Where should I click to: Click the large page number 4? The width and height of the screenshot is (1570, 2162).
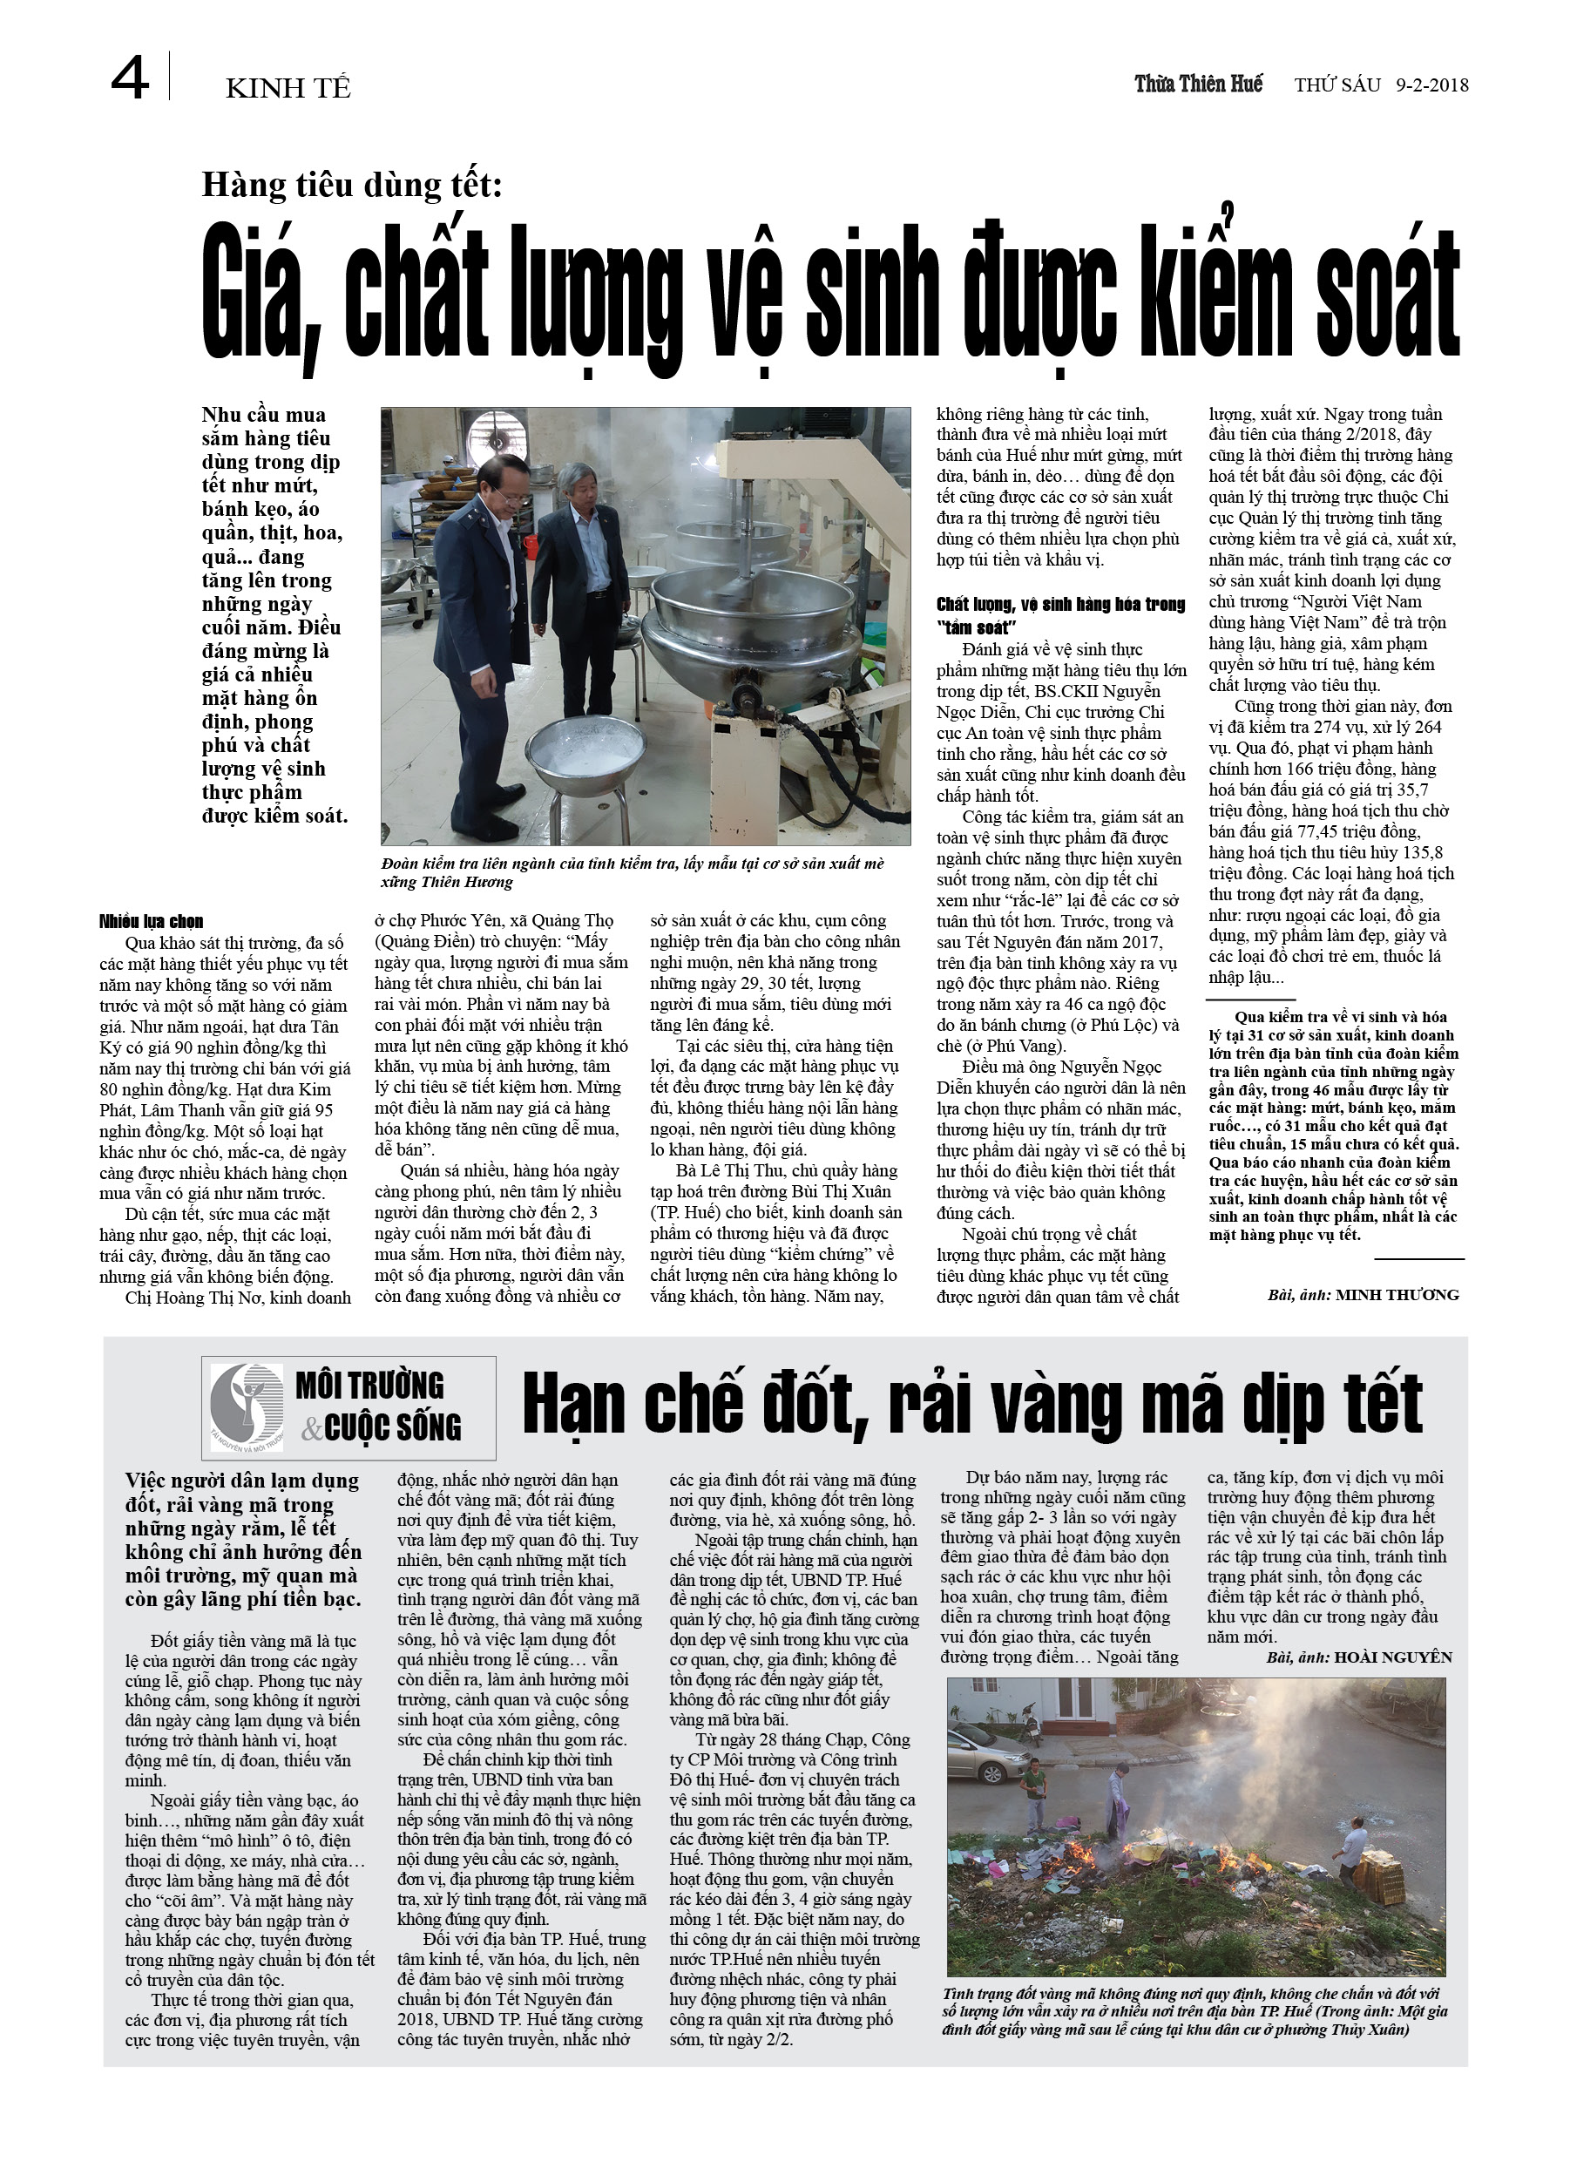coord(130,79)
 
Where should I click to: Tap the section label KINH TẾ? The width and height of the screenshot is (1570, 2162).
coord(288,89)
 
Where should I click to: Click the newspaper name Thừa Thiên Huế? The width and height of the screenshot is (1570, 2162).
coord(1197,84)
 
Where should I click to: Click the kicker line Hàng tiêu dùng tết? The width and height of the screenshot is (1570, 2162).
coord(351,184)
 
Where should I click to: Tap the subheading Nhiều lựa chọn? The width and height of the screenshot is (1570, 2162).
coord(151,921)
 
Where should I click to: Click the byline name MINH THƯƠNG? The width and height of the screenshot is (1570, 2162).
coord(1397,1295)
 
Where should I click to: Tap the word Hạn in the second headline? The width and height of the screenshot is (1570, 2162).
coord(576,1404)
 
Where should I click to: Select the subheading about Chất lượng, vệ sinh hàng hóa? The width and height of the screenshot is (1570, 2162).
coord(1060,613)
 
